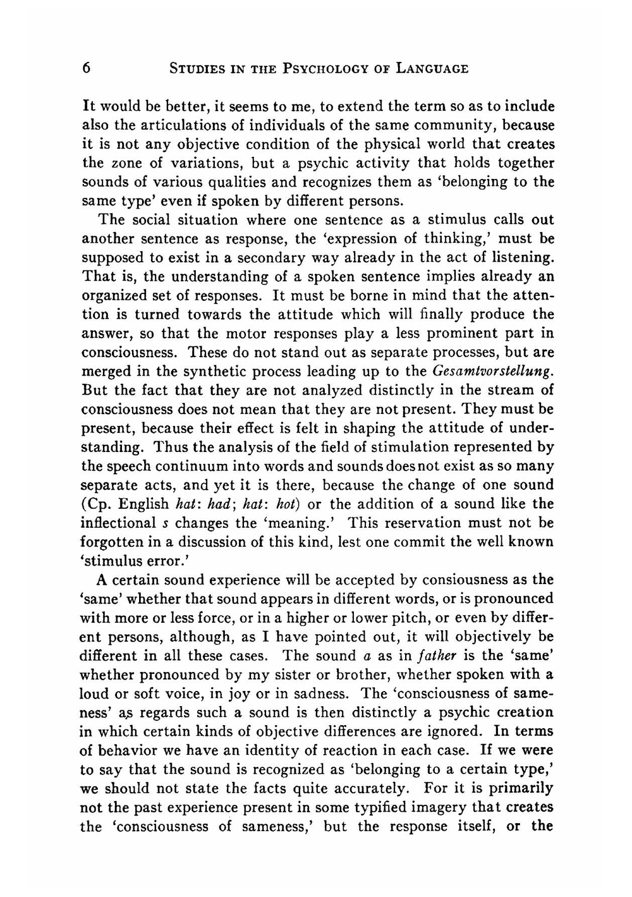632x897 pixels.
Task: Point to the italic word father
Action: point(406,656)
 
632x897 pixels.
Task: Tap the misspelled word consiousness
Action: point(461,580)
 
